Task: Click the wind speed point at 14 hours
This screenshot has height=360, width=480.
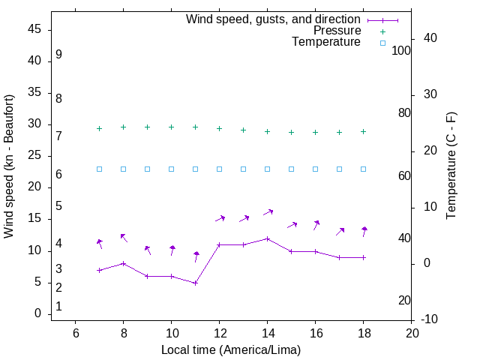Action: tap(267, 238)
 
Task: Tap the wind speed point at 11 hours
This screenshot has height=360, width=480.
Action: tap(195, 283)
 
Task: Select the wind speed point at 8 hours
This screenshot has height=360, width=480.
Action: tap(123, 263)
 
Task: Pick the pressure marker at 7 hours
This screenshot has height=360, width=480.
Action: tap(99, 128)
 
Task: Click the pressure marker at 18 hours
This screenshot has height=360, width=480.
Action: tap(363, 131)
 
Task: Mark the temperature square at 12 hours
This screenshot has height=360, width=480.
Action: tap(219, 169)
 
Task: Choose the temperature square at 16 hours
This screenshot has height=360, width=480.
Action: tap(315, 169)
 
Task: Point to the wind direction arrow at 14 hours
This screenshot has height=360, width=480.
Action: tap(268, 213)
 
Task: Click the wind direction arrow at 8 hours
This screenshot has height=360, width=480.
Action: tap(124, 238)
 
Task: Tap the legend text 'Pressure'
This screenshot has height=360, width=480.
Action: tap(337, 31)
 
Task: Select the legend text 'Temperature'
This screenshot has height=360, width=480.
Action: tap(326, 42)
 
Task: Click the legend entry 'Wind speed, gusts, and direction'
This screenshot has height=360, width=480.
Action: tap(274, 19)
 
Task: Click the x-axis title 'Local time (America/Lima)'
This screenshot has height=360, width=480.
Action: tap(231, 349)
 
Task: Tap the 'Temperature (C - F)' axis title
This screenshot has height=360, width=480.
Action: tap(451, 166)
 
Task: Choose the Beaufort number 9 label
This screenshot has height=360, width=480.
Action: tap(58, 55)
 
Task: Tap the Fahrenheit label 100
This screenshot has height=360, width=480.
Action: tap(401, 50)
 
